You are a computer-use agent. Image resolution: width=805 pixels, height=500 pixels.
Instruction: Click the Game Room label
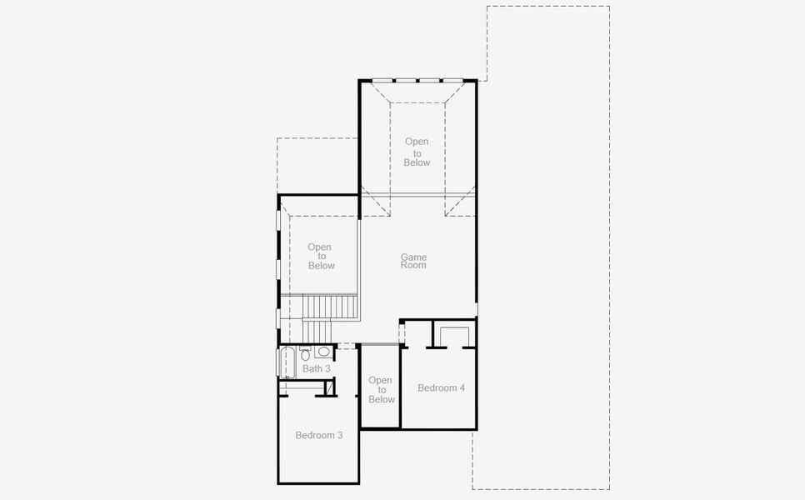[413, 261]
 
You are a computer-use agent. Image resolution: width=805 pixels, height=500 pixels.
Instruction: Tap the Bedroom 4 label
[441, 387]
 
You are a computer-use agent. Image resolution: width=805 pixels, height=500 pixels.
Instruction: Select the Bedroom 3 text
[318, 435]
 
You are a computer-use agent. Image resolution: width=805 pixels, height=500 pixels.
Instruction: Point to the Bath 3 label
[317, 368]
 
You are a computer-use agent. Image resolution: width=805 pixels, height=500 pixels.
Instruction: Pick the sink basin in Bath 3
[323, 352]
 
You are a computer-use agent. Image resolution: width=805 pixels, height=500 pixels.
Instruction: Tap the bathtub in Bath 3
[287, 364]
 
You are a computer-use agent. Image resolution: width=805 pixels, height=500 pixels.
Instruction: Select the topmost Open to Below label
[417, 152]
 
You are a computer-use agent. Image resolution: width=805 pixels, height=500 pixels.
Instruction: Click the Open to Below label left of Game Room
[320, 256]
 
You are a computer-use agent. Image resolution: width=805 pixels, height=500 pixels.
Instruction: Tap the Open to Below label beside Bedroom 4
[381, 390]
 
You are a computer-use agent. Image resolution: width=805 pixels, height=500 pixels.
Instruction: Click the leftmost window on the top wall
[382, 81]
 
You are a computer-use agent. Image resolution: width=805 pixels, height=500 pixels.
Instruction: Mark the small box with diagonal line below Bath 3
[329, 387]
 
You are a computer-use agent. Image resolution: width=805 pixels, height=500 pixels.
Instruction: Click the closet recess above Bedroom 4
[454, 336]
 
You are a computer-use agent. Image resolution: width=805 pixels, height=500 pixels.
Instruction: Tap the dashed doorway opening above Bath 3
[347, 345]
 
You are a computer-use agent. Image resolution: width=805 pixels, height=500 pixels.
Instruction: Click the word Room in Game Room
[413, 265]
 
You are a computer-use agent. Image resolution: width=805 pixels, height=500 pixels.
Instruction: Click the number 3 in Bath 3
[327, 368]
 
